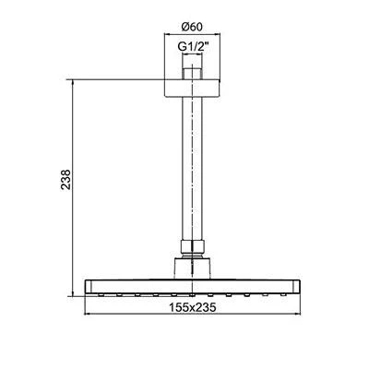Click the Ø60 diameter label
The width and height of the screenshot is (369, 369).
tap(192, 27)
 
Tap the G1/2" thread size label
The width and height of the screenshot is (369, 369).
tap(194, 46)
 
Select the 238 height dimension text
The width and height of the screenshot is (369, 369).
tap(66, 179)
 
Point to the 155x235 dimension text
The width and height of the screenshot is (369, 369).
tap(193, 307)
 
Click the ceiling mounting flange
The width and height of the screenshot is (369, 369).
tap(193, 89)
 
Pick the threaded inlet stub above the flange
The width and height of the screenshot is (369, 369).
tap(192, 74)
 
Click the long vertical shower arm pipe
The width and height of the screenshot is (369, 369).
tap(192, 169)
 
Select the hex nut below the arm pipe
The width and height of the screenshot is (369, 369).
tap(192, 247)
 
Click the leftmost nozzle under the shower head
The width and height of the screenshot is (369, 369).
tap(101, 295)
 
